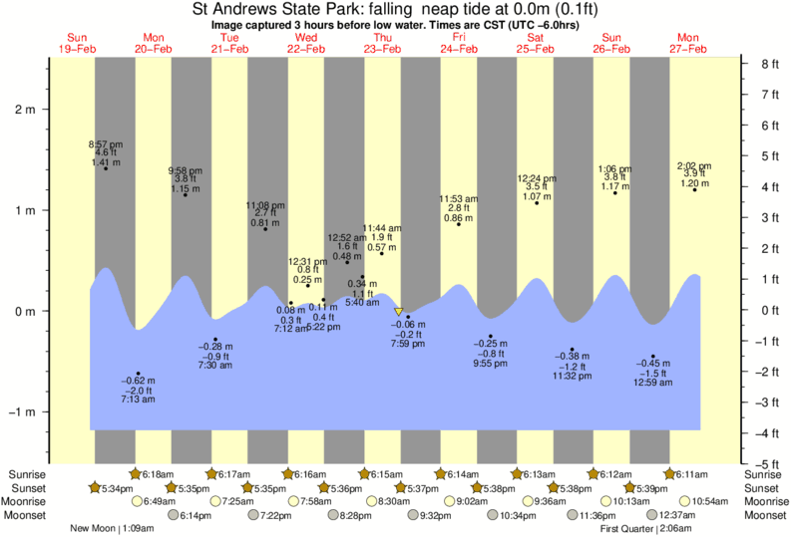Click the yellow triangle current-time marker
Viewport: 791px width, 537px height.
[x=399, y=312]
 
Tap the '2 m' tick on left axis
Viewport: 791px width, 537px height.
[x=23, y=110]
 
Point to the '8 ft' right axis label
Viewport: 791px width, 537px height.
[x=768, y=64]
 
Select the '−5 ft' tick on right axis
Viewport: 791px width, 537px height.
[x=766, y=464]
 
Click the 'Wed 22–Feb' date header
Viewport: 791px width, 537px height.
[x=306, y=43]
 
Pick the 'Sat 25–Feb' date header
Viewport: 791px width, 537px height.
[x=536, y=43]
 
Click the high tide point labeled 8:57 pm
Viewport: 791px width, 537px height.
[x=106, y=168]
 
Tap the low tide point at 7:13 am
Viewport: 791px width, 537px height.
[x=139, y=374]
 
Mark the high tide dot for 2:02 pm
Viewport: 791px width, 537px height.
[x=695, y=189]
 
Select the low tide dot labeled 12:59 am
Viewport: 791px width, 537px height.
[x=653, y=357]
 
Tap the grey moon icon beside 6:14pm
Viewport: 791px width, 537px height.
[x=174, y=515]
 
